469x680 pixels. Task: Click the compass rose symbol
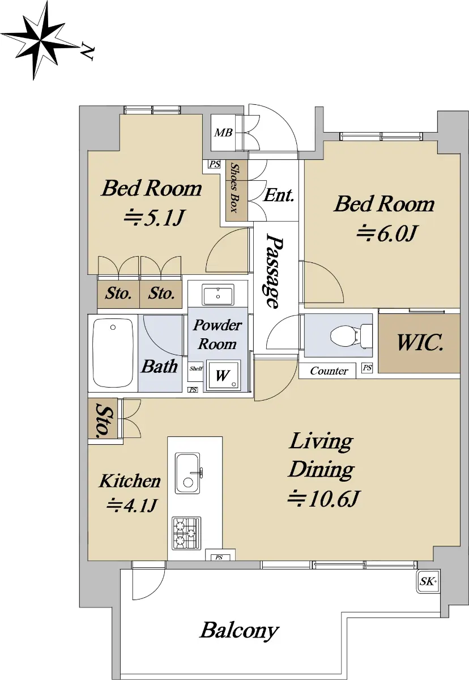coord(40,40)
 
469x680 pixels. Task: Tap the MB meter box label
coord(223,133)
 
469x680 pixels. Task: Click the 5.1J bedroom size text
coord(154,218)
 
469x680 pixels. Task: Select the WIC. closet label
coord(420,343)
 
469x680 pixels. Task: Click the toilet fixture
coord(351,335)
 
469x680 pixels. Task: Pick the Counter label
coord(329,371)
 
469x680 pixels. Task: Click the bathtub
coord(113,352)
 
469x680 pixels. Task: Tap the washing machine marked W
coord(223,375)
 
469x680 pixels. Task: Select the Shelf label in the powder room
coord(195,369)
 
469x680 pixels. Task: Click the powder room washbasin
coord(218,295)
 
